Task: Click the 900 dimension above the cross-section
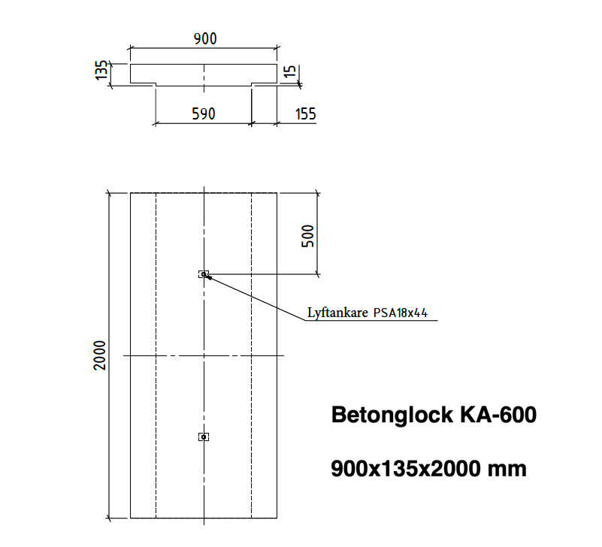pyautogui.click(x=205, y=39)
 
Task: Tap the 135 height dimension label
pyautogui.click(x=101, y=70)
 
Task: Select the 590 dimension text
pyautogui.click(x=204, y=114)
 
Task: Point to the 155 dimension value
pyautogui.click(x=305, y=114)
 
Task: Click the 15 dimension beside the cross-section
pyautogui.click(x=290, y=71)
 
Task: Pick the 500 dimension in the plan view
pyautogui.click(x=307, y=236)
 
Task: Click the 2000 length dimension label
pyautogui.click(x=99, y=355)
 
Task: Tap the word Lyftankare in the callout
pyautogui.click(x=337, y=313)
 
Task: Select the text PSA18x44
pyautogui.click(x=401, y=313)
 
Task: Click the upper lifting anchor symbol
pyautogui.click(x=204, y=274)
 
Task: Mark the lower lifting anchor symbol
pyautogui.click(x=204, y=437)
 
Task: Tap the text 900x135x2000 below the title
pyautogui.click(x=406, y=469)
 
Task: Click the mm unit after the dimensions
pyautogui.click(x=507, y=470)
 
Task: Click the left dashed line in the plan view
pyautogui.click(x=156, y=355)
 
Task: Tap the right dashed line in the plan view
pyautogui.click(x=252, y=355)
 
